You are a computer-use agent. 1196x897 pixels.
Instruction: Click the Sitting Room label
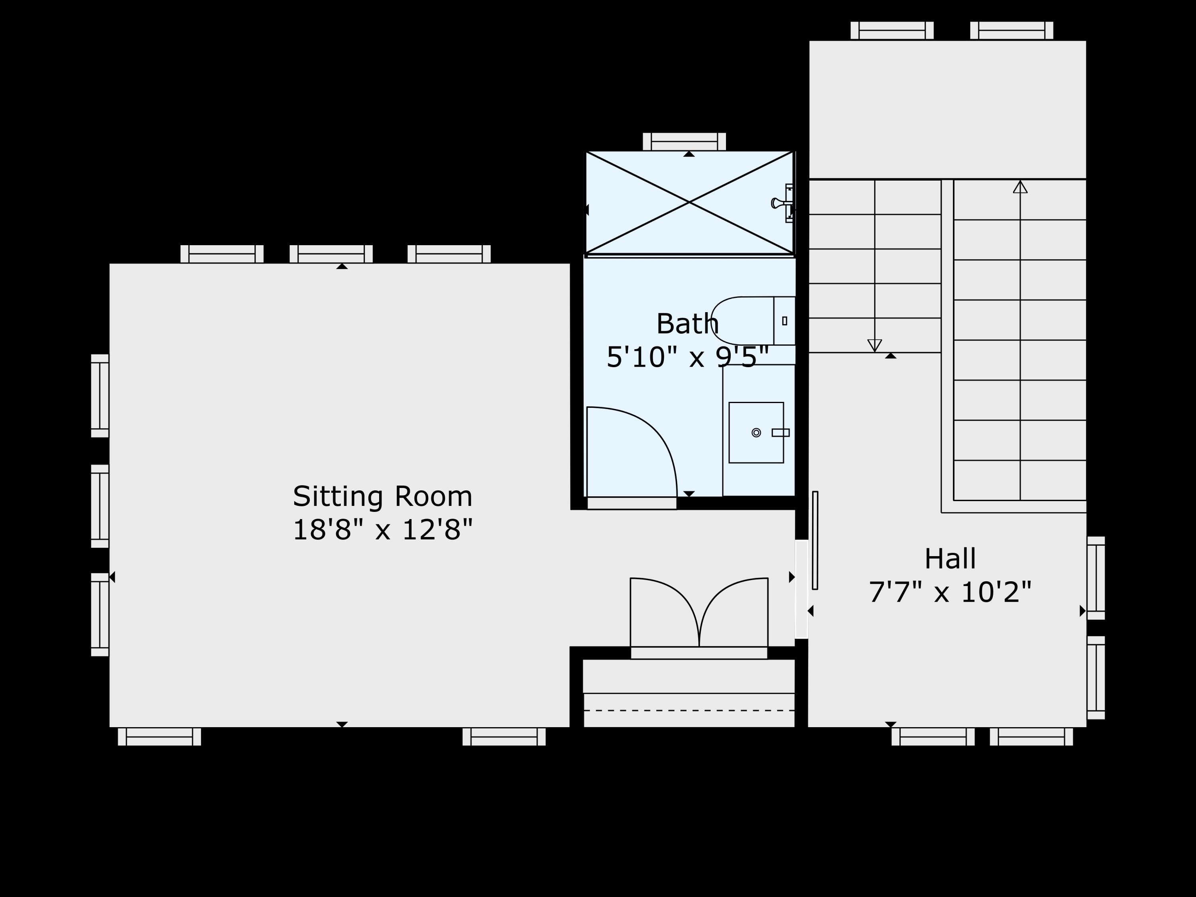pos(382,496)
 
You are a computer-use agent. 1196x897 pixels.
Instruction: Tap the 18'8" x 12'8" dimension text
pos(382,529)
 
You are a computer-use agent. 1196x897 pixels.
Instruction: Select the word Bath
pos(687,324)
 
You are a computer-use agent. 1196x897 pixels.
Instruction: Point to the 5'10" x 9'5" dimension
pos(687,357)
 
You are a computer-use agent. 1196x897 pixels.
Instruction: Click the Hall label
pos(950,559)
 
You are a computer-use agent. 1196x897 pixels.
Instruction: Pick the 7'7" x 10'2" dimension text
pos(950,592)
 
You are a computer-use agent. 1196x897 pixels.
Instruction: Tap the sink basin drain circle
pos(756,433)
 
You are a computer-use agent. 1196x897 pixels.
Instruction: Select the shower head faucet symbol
pos(781,203)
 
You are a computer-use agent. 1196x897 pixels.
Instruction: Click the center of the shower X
pos(689,202)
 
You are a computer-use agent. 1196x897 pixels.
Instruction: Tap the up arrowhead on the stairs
pos(1020,187)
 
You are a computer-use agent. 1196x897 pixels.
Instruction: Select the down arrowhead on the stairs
pos(874,345)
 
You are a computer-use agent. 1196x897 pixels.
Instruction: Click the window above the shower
pos(684,142)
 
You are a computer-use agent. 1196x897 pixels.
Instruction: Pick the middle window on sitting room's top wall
pos(331,254)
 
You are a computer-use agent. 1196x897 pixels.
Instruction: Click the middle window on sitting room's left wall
pos(100,506)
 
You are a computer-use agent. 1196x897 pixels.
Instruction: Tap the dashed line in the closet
pos(689,710)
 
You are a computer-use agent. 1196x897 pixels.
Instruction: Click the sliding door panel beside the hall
pos(815,540)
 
